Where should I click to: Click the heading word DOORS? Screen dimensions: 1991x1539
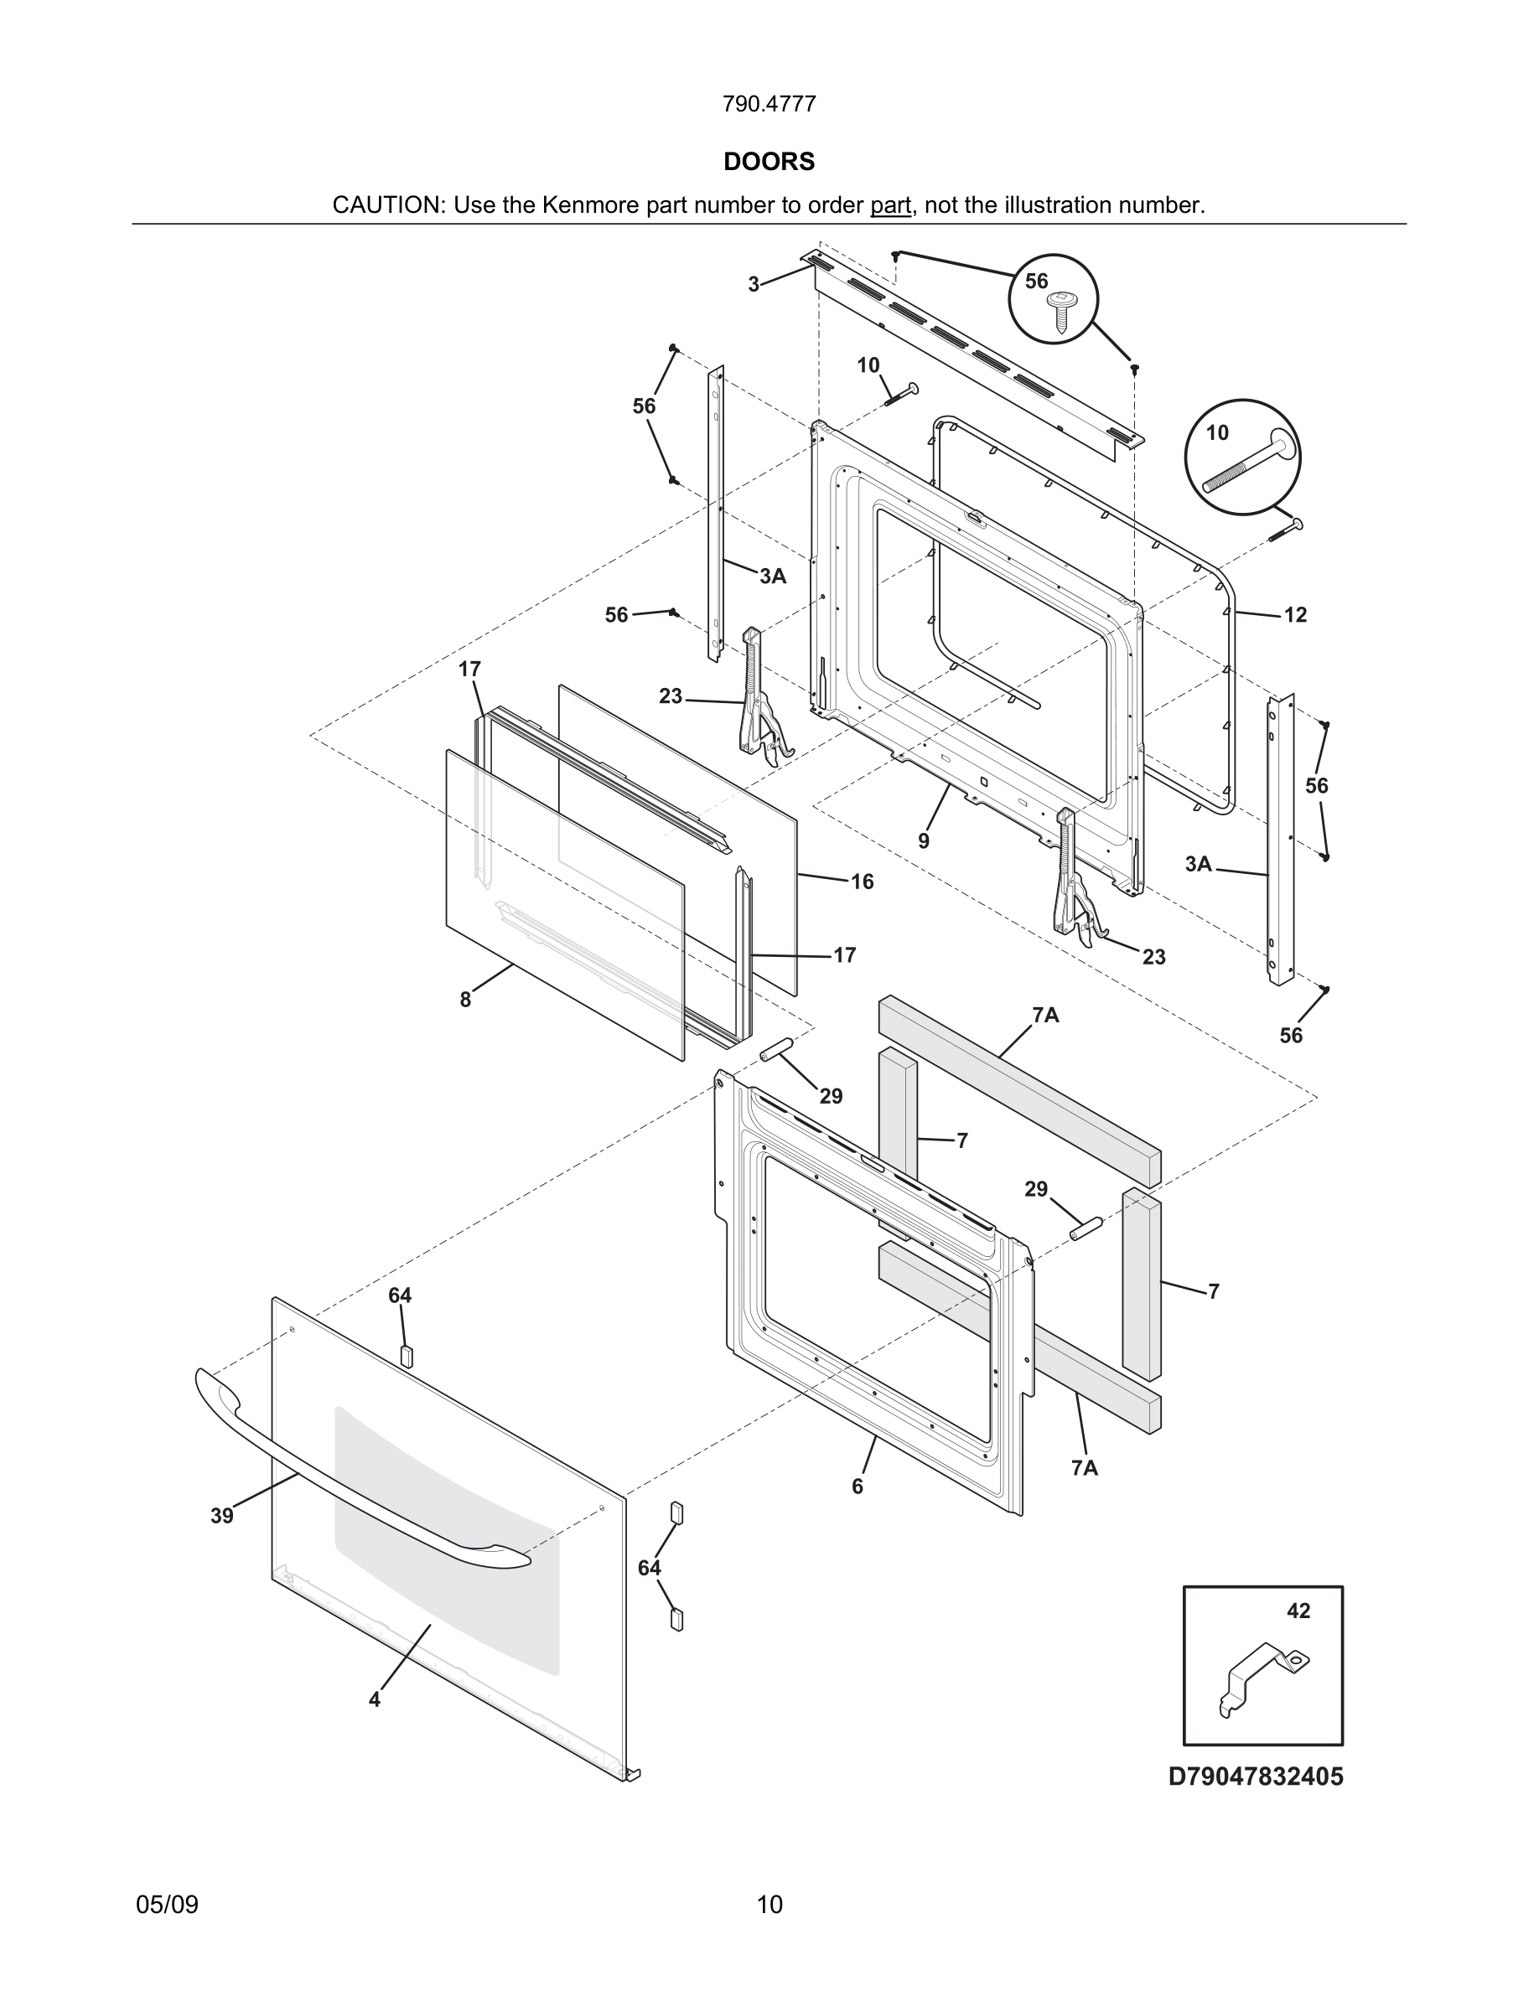click(769, 162)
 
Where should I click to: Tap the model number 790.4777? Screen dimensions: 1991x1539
click(769, 105)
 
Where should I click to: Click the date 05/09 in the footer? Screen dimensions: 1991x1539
click(167, 1905)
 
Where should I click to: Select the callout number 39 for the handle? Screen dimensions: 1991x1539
click(221, 1516)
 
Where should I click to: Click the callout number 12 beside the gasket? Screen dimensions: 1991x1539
click(1295, 615)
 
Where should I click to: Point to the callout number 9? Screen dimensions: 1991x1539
click(924, 841)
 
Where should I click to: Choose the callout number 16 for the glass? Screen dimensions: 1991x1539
click(862, 882)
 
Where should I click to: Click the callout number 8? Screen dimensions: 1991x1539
click(465, 1000)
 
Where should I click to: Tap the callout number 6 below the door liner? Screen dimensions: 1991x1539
click(857, 1487)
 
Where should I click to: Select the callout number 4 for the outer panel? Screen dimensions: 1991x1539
click(374, 1700)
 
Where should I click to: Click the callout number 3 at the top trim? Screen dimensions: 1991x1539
click(753, 284)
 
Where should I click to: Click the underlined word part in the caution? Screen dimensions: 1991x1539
click(890, 205)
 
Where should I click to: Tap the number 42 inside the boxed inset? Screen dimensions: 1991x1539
click(1298, 1611)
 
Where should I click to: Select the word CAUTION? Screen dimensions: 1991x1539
click(386, 205)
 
